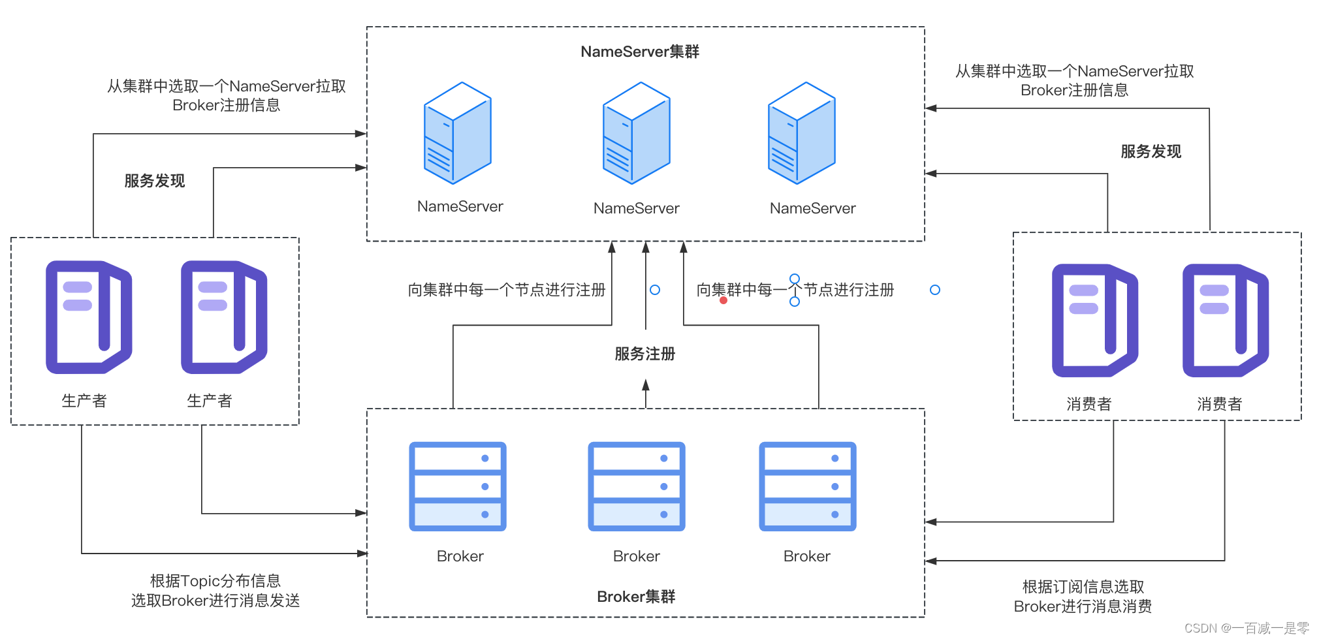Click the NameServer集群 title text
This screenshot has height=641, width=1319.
(639, 52)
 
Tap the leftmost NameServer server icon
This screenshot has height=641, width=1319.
(457, 133)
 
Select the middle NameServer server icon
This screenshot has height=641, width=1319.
(636, 133)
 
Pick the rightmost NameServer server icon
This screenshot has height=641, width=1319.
(801, 133)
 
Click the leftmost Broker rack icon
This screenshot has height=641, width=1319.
(457, 486)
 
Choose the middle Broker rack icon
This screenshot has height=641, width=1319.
(636, 486)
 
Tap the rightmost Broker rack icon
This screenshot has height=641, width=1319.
(807, 486)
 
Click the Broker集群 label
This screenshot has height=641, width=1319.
(636, 597)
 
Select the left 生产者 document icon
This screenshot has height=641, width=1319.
(88, 317)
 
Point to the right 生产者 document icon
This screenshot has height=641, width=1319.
(223, 317)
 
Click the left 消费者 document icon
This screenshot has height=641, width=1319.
(1094, 320)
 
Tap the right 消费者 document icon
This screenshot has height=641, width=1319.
(1225, 320)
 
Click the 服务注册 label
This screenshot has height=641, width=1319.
(644, 354)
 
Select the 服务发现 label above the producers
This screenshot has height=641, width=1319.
(154, 181)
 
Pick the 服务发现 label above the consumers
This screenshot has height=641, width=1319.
(1151, 151)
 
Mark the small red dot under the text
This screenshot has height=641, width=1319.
(723, 300)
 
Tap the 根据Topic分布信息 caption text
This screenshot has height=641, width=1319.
(215, 580)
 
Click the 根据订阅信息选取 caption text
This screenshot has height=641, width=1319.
(1083, 586)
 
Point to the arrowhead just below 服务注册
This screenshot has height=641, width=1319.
(646, 385)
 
